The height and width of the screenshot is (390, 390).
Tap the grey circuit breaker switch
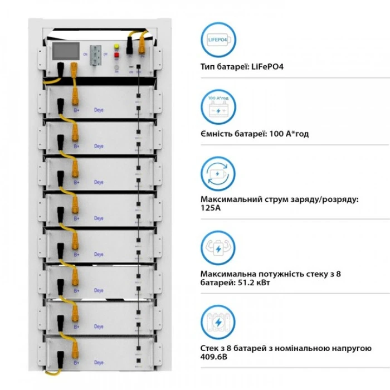[x=96, y=54]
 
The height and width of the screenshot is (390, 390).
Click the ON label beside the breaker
[x=85, y=53]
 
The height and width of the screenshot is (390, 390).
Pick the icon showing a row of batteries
[x=218, y=322]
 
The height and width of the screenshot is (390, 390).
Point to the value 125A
[x=209, y=208]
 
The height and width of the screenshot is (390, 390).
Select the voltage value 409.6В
[x=212, y=357]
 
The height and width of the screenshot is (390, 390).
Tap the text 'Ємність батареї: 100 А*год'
[x=255, y=133]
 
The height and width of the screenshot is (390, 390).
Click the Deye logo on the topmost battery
[x=99, y=110]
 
